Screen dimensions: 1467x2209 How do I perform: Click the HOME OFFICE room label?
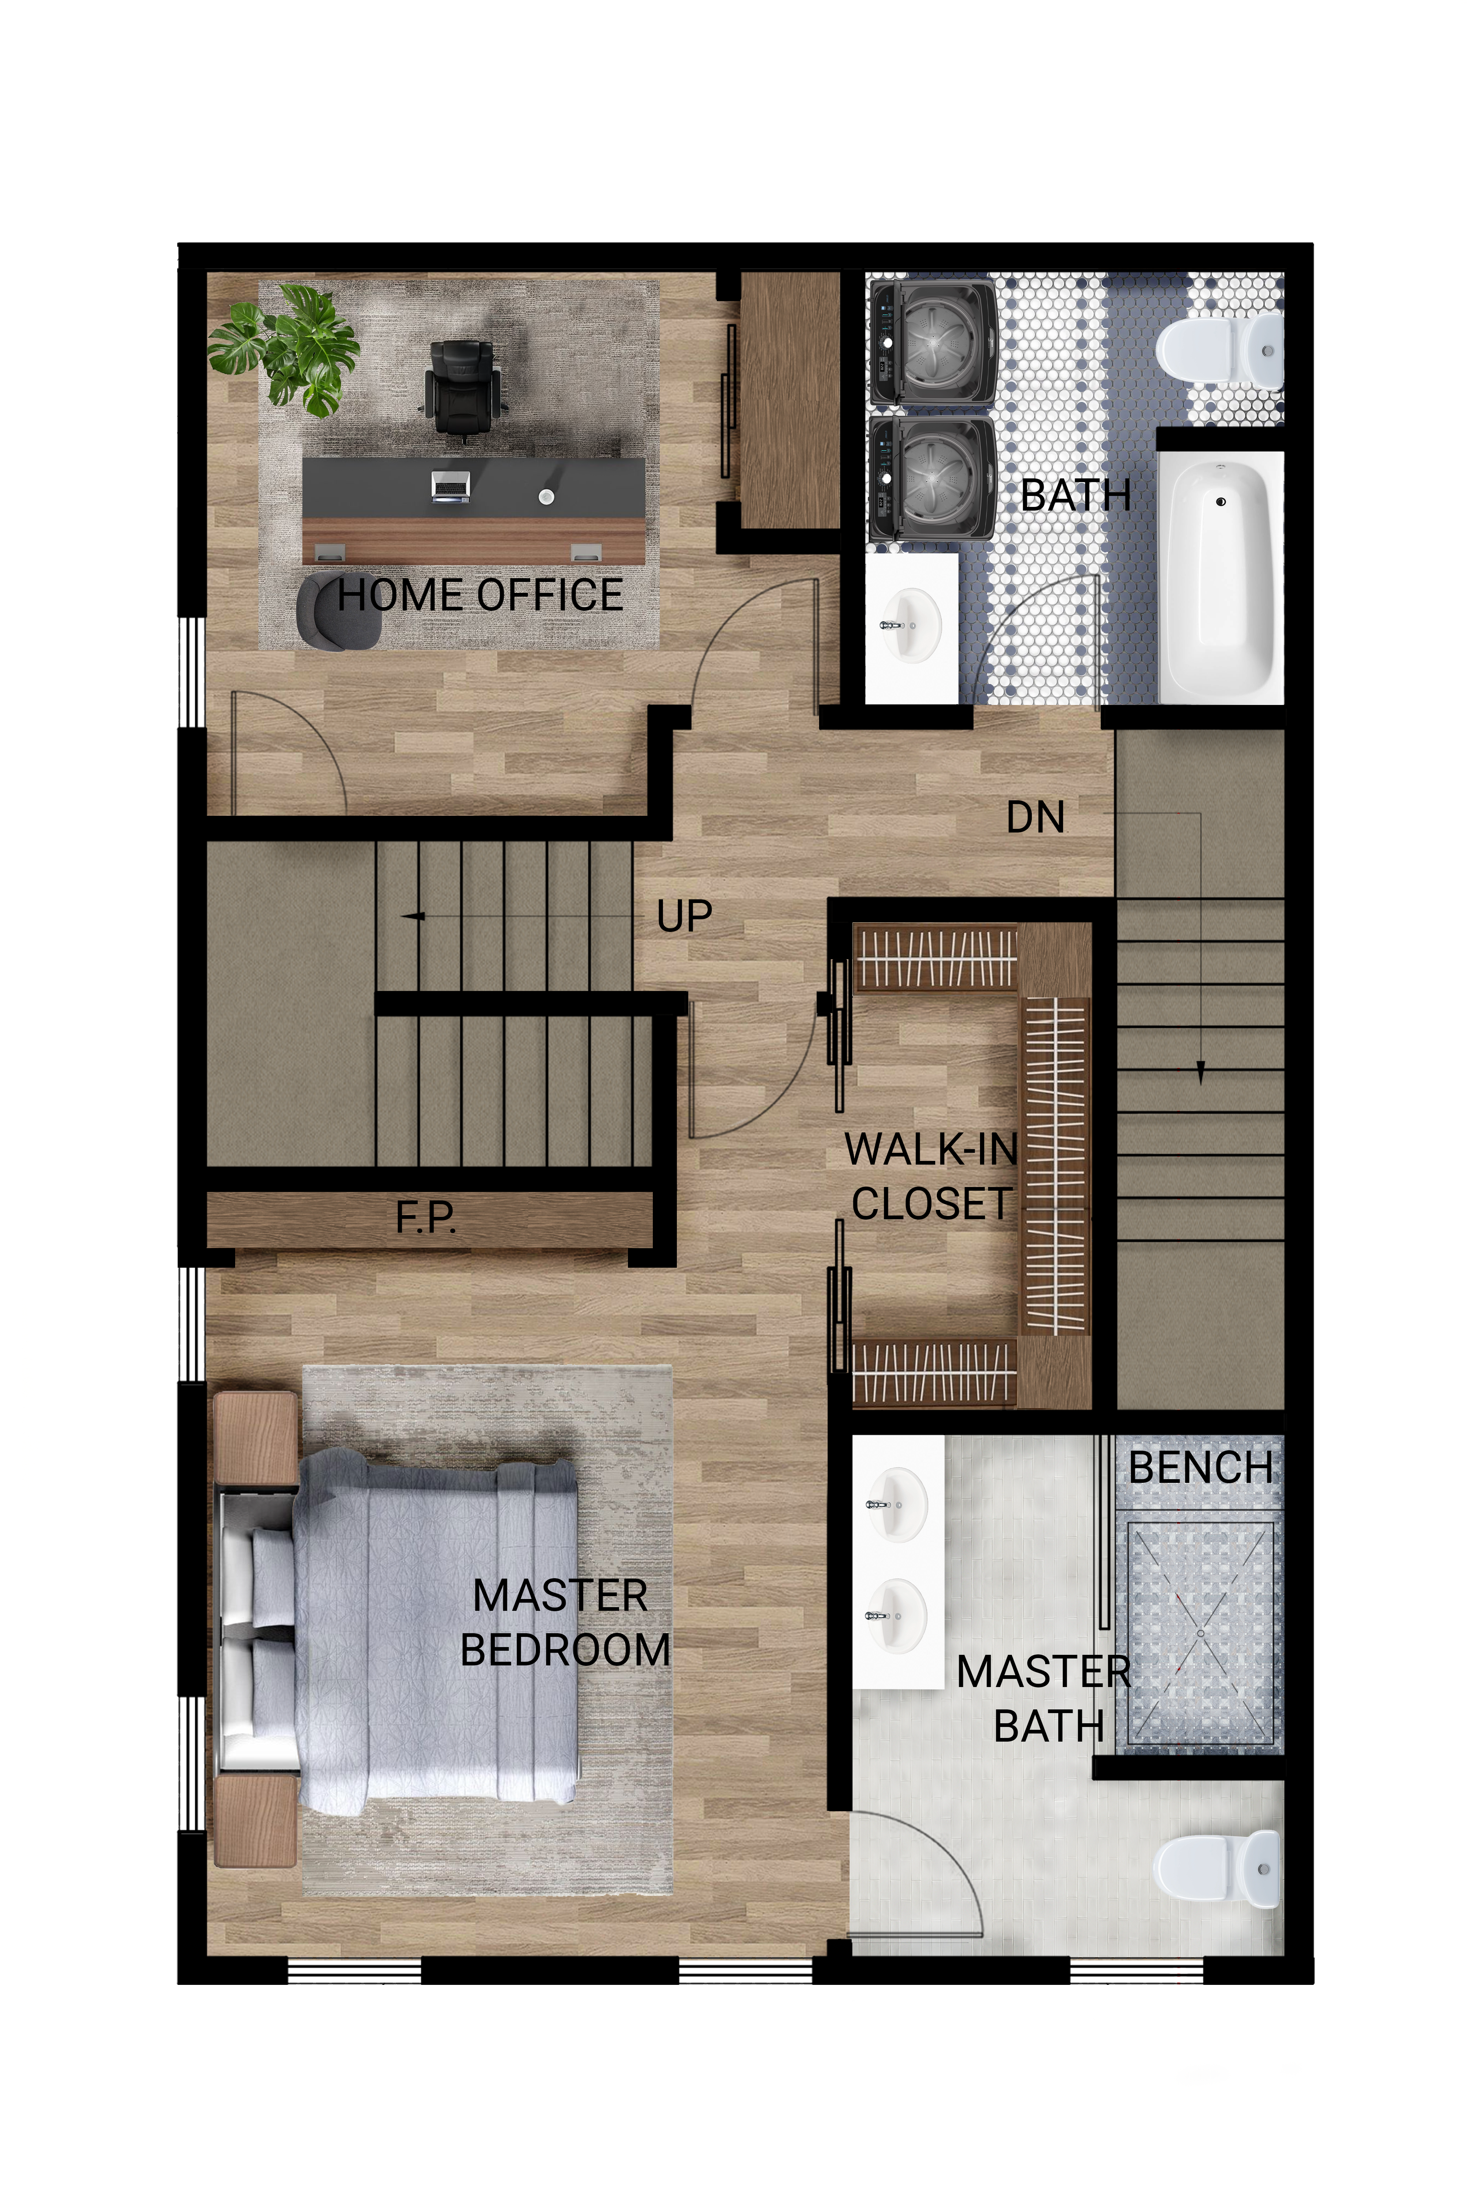click(480, 595)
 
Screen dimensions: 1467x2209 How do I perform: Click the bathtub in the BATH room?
click(1220, 577)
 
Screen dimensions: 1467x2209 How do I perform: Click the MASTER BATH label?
click(1044, 1698)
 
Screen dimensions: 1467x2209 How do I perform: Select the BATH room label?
click(1075, 495)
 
